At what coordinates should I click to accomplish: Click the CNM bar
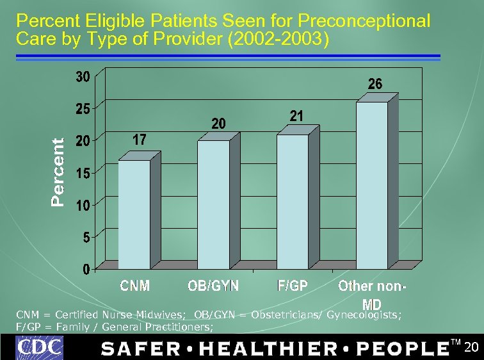134,214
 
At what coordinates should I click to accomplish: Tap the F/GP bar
293,201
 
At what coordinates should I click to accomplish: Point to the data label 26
375,84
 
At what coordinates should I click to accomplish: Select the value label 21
296,116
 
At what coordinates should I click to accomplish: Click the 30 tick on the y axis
83,78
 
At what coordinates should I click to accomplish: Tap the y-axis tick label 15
83,173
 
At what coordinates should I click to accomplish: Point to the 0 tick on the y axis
86,270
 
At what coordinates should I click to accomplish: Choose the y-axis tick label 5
86,237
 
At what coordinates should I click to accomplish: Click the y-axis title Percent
58,173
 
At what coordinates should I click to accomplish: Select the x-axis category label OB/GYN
213,286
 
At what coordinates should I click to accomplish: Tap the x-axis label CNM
135,286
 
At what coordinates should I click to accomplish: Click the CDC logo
40,348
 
